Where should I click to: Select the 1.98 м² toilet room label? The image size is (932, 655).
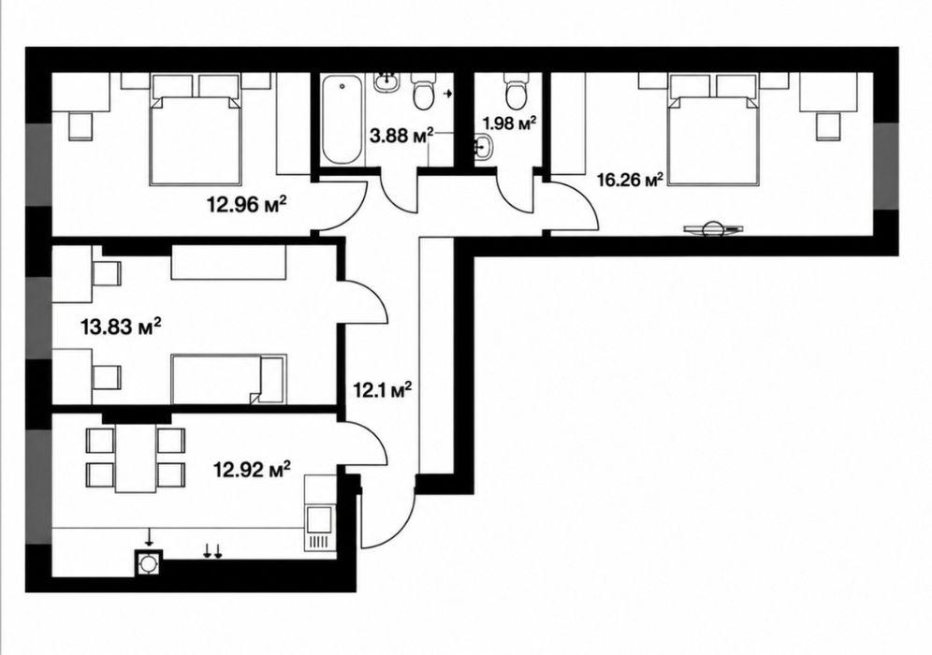tap(509, 123)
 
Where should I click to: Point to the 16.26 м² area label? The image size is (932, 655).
tap(630, 179)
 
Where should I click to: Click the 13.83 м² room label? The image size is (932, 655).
tap(122, 327)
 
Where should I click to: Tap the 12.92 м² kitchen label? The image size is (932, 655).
tap(252, 470)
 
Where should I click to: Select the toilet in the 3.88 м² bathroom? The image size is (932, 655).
tap(423, 91)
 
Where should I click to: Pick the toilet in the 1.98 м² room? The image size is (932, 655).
tap(514, 88)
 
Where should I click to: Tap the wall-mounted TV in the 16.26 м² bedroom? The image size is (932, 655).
tap(713, 229)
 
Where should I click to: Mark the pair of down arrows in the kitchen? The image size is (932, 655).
tap(212, 551)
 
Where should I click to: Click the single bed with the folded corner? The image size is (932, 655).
tap(229, 379)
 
